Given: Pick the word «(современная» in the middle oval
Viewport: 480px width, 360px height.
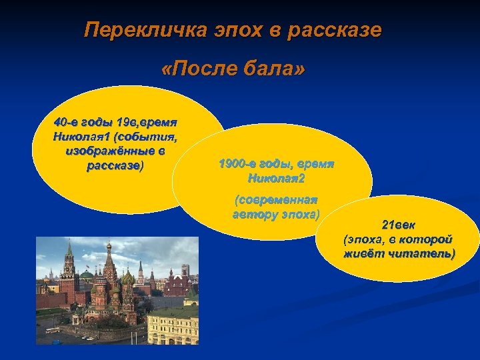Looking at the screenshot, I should pos(276,200).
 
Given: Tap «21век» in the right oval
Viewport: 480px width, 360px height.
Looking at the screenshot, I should pos(397,225).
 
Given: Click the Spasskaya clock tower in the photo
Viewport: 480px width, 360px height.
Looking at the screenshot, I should pos(68,267).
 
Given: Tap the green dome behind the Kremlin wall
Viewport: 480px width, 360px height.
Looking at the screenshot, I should pos(86,274).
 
